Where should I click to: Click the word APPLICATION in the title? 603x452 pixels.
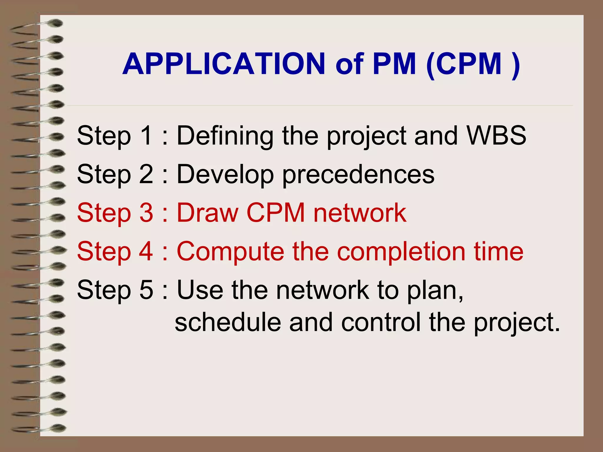(x=224, y=64)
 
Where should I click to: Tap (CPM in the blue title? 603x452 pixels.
(x=464, y=64)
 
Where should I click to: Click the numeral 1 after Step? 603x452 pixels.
(x=146, y=135)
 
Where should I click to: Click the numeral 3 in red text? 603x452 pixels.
(x=146, y=212)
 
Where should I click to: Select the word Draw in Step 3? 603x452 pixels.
(x=207, y=212)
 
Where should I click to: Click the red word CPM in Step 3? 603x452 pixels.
(x=276, y=212)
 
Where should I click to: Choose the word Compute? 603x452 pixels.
(x=230, y=252)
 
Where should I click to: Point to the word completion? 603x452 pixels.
(x=401, y=252)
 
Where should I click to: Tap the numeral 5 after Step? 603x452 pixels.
(x=146, y=290)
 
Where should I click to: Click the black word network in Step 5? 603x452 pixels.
(x=323, y=290)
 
